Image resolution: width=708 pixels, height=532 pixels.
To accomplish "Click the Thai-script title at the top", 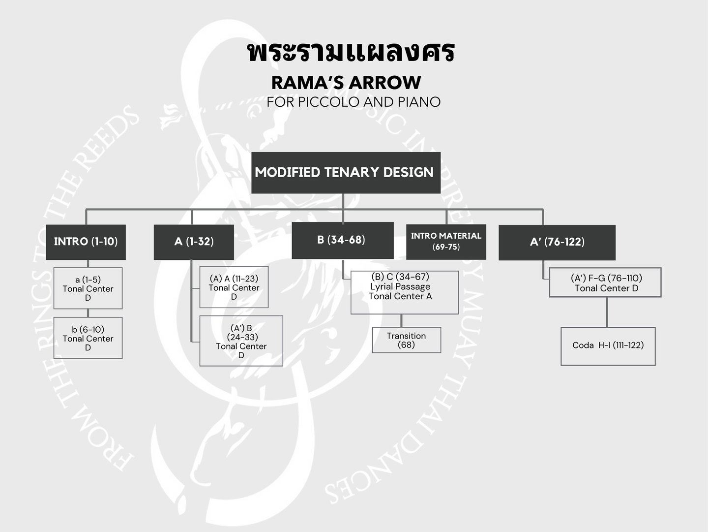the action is tap(351, 53).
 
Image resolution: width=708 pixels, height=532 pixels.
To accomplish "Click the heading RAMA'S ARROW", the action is tap(346, 82).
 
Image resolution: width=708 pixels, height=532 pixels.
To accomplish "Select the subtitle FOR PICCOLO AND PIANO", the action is tap(354, 102).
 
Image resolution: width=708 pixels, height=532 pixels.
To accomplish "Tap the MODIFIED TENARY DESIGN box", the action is tap(346, 173).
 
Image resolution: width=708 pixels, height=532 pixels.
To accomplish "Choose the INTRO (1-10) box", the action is tap(86, 242).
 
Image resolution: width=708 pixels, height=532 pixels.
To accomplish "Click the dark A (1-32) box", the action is tap(194, 242).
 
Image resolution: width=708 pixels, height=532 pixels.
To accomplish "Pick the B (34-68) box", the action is tap(342, 240).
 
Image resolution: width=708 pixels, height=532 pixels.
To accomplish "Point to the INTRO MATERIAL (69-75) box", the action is tap(446, 241).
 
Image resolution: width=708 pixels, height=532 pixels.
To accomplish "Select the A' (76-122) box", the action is tap(557, 242).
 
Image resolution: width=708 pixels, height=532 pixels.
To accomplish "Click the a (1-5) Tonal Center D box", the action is tap(88, 288).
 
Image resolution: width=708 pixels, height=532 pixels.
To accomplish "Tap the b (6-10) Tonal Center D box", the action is tap(88, 338).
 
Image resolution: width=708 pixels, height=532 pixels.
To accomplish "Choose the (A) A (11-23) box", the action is tap(234, 287).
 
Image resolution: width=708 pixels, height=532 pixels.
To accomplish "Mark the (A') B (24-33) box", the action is tap(241, 341).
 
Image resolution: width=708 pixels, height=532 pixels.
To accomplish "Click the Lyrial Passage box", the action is tap(404, 292).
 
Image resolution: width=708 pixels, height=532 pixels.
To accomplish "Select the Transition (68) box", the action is tap(406, 340).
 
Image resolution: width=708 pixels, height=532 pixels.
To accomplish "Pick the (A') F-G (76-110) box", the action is tap(605, 282).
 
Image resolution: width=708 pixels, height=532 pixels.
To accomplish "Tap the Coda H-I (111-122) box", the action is tap(608, 346).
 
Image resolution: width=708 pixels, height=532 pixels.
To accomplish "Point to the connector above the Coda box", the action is tap(607, 312).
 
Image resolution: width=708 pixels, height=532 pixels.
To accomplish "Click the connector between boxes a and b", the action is tap(88, 313).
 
